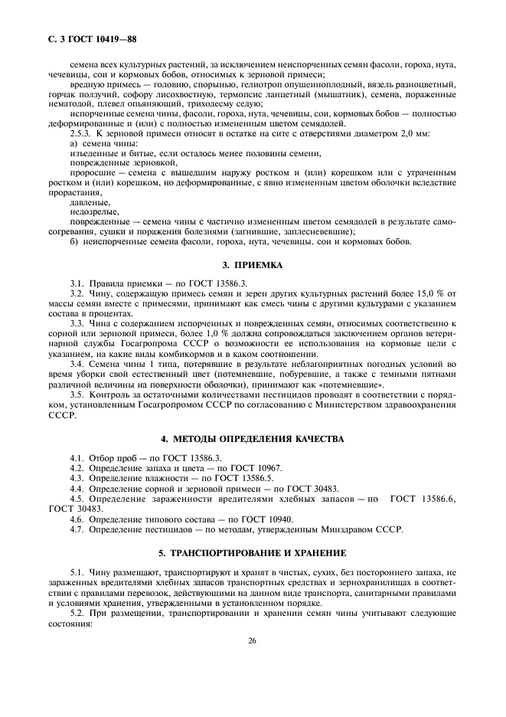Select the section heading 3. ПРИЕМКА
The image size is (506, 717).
pyautogui.click(x=253, y=265)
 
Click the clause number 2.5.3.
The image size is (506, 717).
pyautogui.click(x=82, y=134)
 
